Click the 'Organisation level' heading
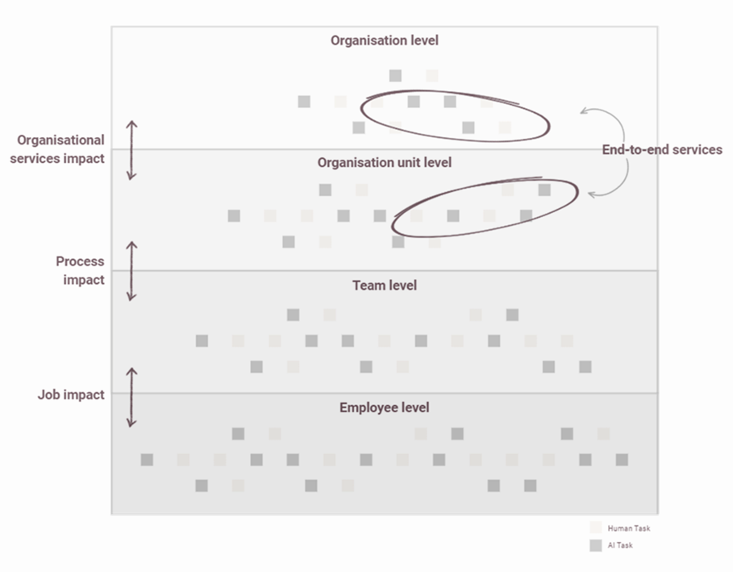tap(385, 40)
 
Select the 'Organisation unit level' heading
tap(385, 163)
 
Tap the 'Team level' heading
tap(385, 286)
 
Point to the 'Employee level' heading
tap(385, 408)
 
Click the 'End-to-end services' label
tap(662, 150)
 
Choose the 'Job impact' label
tap(71, 395)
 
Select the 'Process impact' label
tap(80, 270)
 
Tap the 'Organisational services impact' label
tap(60, 149)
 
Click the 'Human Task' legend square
tap(595, 528)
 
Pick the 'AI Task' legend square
tap(595, 546)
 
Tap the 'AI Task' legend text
tap(622, 546)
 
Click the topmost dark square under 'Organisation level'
tap(395, 76)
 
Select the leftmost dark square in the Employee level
tap(147, 460)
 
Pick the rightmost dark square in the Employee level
tap(622, 460)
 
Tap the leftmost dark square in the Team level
tap(202, 341)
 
